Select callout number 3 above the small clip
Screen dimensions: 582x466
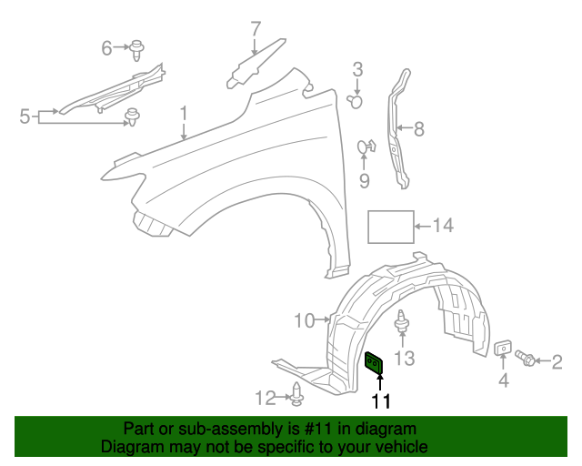357,68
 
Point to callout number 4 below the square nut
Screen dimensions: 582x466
503,381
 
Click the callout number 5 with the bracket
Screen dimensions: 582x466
25,116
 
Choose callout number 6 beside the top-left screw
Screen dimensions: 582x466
106,46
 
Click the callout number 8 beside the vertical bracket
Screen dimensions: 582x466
419,129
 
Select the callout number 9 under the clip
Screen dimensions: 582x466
365,182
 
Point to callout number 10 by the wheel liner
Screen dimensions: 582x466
304,319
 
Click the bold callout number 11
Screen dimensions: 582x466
380,400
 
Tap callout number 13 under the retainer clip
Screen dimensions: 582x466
404,359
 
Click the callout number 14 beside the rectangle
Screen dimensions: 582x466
443,226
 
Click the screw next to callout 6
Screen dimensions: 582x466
137,48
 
